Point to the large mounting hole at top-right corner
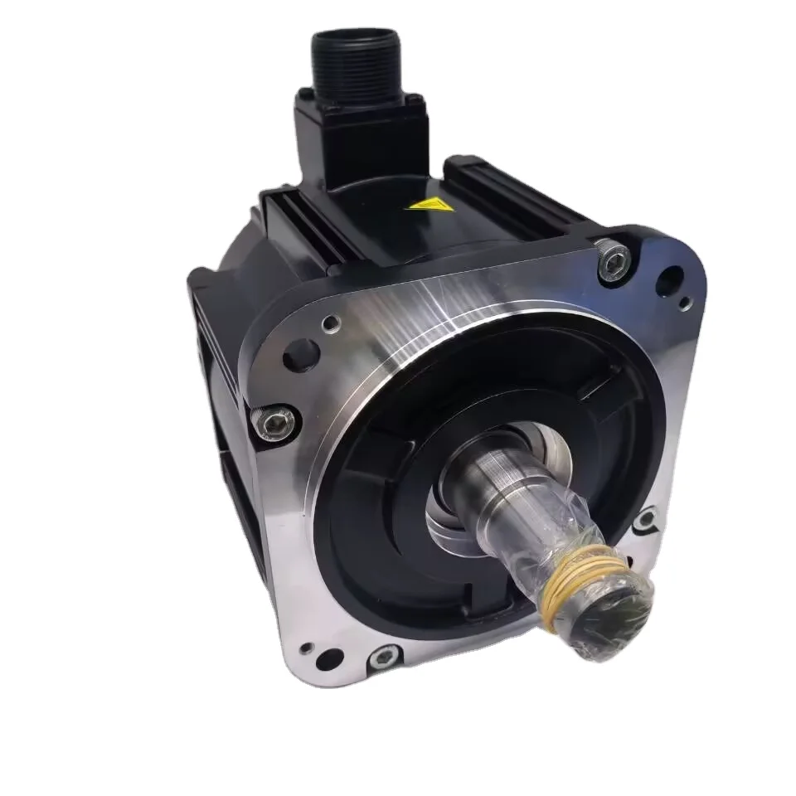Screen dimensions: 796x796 tap(668, 281)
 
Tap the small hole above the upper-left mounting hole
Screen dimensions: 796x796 tap(332, 323)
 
